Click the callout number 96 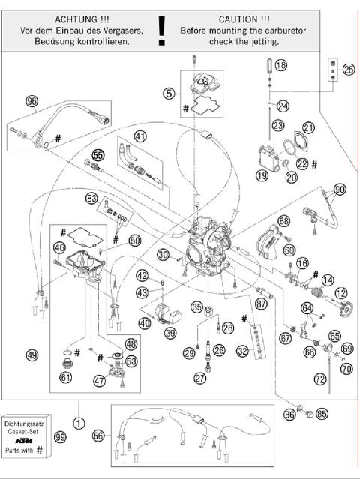tap(31, 102)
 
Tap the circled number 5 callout tap(170, 94)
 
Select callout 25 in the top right tap(348, 70)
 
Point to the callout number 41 tap(140, 136)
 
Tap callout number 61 tap(66, 377)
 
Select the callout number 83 tap(92, 199)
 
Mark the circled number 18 tap(280, 66)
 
